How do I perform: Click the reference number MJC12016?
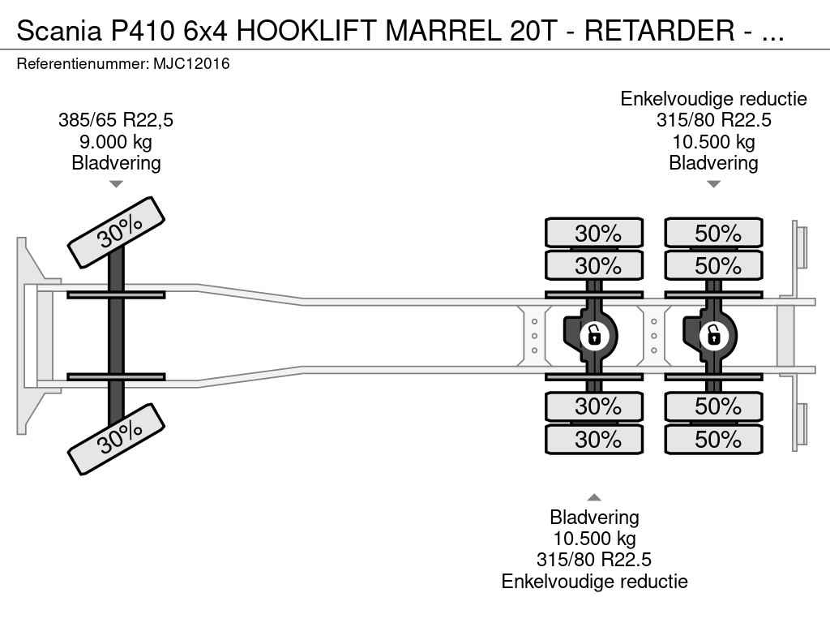coord(191,64)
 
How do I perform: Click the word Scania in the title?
coord(58,30)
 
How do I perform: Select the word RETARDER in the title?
coord(660,30)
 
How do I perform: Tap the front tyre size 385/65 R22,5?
coord(116,120)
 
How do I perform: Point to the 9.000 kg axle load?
coord(116,141)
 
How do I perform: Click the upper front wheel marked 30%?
coord(116,233)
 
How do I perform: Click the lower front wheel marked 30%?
coord(116,439)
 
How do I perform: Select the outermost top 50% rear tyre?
coord(713,233)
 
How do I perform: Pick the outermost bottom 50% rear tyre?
coord(713,439)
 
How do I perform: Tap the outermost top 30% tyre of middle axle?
coord(594,233)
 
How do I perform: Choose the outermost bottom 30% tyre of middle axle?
coord(594,439)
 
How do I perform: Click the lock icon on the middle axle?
coord(594,335)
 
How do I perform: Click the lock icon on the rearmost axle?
coord(714,335)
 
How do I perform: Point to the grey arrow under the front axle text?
coord(116,184)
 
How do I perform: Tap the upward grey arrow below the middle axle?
coord(594,497)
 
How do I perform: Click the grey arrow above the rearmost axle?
coord(713,184)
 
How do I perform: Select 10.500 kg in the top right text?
coord(713,141)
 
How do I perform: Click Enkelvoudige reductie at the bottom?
coord(594,581)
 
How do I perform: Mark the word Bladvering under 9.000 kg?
coord(116,162)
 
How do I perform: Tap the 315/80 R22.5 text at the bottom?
coord(594,560)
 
